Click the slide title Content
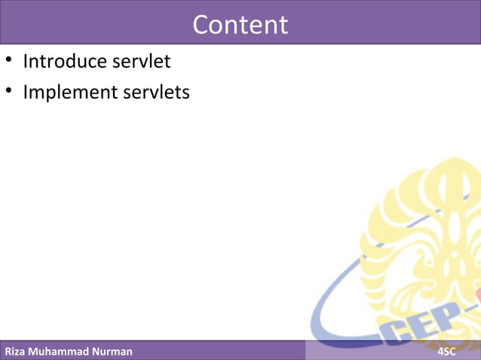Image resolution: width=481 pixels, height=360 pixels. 240,25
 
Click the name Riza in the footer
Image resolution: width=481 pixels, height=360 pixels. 17,352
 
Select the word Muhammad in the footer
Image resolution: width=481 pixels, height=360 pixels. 63,352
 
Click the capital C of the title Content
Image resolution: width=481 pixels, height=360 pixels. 201,25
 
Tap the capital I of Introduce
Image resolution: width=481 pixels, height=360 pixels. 26,61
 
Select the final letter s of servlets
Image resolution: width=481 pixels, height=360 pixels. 185,93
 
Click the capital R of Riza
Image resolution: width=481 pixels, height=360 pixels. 8,352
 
